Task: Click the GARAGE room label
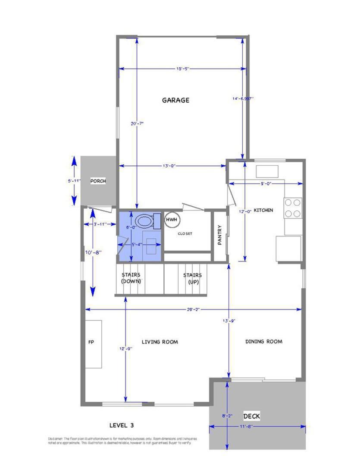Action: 175,100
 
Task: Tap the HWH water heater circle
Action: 172,220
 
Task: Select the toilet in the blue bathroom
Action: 143,221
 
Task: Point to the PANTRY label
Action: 219,235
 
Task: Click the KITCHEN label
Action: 263,210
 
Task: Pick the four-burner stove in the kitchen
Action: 292,208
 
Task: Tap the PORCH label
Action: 98,181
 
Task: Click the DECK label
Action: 251,416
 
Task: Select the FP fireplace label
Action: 91,342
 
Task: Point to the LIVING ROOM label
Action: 160,342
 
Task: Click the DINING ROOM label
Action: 264,342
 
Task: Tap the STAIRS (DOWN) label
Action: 131,278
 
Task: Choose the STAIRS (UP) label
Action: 192,278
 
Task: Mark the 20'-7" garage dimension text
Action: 137,123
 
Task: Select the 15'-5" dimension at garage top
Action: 183,69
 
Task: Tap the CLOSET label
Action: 185,234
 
